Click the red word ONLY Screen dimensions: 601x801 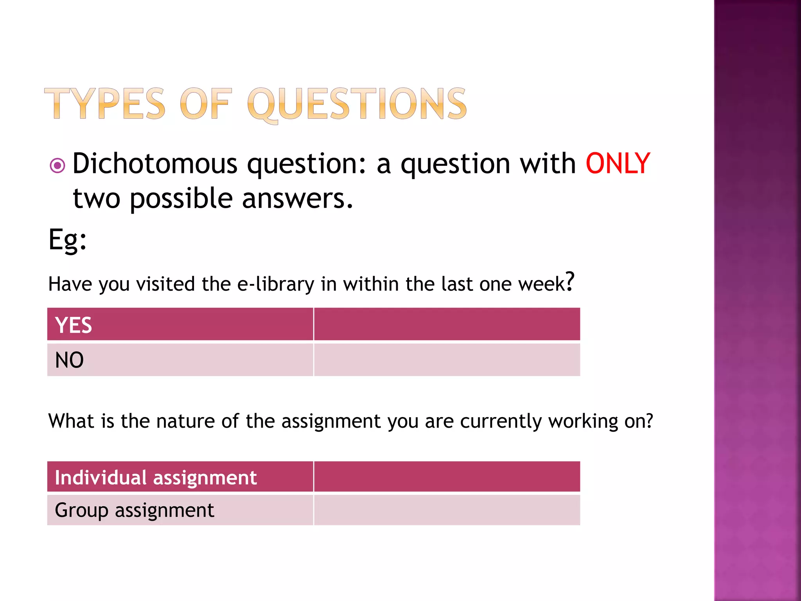pos(618,164)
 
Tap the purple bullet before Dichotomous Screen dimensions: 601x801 pos(57,166)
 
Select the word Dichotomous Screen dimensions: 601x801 pos(155,164)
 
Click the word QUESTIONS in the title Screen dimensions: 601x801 pos(357,104)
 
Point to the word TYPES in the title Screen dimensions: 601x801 pos(105,103)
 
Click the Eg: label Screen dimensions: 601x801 pos(67,239)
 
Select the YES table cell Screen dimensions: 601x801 pos(180,324)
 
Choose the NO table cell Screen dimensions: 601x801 pos(180,360)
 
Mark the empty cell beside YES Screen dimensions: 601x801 pos(447,324)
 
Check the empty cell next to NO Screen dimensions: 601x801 pos(447,360)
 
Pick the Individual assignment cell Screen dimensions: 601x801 pos(180,477)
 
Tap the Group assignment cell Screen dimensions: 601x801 pos(180,510)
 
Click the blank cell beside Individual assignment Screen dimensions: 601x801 pos(447,477)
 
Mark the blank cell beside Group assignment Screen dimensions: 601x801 pos(447,510)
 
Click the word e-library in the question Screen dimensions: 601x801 pos(276,284)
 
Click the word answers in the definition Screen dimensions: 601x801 pos(297,198)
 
